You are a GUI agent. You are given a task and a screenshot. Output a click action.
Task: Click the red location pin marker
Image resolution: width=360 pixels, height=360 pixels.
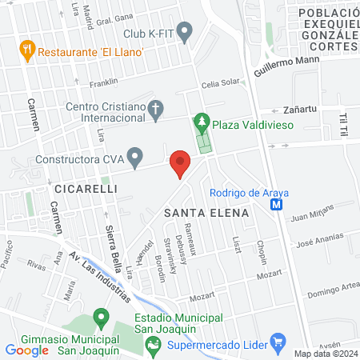click(180, 163)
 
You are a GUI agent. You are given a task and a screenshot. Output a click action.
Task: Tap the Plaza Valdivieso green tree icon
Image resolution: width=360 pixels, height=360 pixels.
click(202, 124)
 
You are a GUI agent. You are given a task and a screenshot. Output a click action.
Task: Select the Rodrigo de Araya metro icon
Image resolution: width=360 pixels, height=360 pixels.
click(276, 205)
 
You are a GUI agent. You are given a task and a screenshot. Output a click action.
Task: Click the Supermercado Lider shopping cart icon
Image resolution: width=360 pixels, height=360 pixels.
click(278, 344)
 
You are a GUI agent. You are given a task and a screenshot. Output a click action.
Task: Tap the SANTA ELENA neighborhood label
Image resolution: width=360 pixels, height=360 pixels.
click(206, 213)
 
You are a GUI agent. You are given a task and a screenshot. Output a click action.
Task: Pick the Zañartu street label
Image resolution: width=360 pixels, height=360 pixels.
click(301, 110)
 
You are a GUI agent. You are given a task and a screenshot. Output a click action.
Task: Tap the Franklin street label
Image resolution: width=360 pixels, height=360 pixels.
click(103, 82)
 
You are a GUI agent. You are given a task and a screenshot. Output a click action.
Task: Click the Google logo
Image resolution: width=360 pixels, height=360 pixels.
click(27, 350)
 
